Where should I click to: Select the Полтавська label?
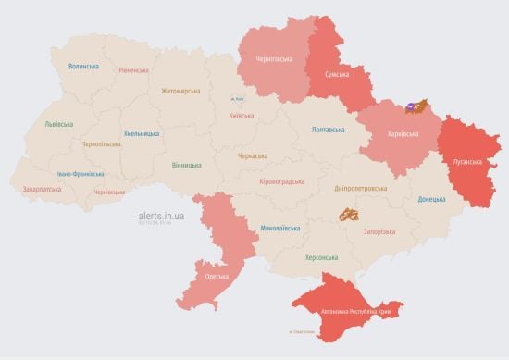331,130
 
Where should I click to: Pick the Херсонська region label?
321,257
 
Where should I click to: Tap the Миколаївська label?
279,226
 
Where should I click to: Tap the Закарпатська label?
43,189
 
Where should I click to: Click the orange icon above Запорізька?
349,216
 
